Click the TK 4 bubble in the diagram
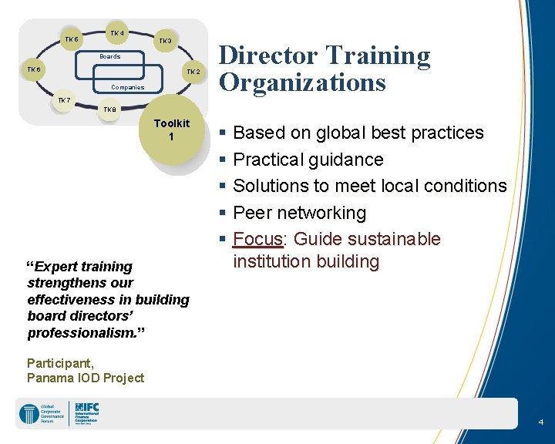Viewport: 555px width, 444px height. (x=116, y=33)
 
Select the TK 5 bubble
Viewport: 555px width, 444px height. (x=71, y=39)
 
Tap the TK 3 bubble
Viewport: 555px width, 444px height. (x=165, y=41)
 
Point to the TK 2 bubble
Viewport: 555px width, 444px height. (x=193, y=72)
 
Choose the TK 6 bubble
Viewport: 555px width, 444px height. (x=34, y=70)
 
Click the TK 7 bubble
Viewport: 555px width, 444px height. (x=64, y=101)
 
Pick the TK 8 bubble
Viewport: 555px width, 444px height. (x=110, y=109)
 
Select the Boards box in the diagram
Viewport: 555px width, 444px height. (x=109, y=57)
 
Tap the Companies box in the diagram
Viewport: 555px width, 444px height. (x=127, y=87)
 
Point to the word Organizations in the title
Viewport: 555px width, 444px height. (x=302, y=82)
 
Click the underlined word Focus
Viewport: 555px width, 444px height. (x=257, y=239)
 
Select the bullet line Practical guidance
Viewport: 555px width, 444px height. (x=308, y=160)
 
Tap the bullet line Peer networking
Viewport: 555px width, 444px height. (x=299, y=213)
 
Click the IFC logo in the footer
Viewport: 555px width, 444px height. (x=87, y=413)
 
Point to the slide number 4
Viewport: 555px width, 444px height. (x=540, y=422)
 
